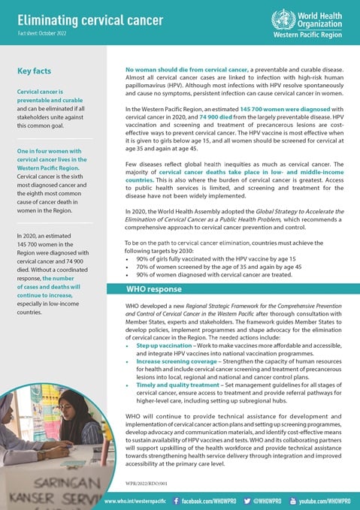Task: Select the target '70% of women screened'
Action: pos(184,266)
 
